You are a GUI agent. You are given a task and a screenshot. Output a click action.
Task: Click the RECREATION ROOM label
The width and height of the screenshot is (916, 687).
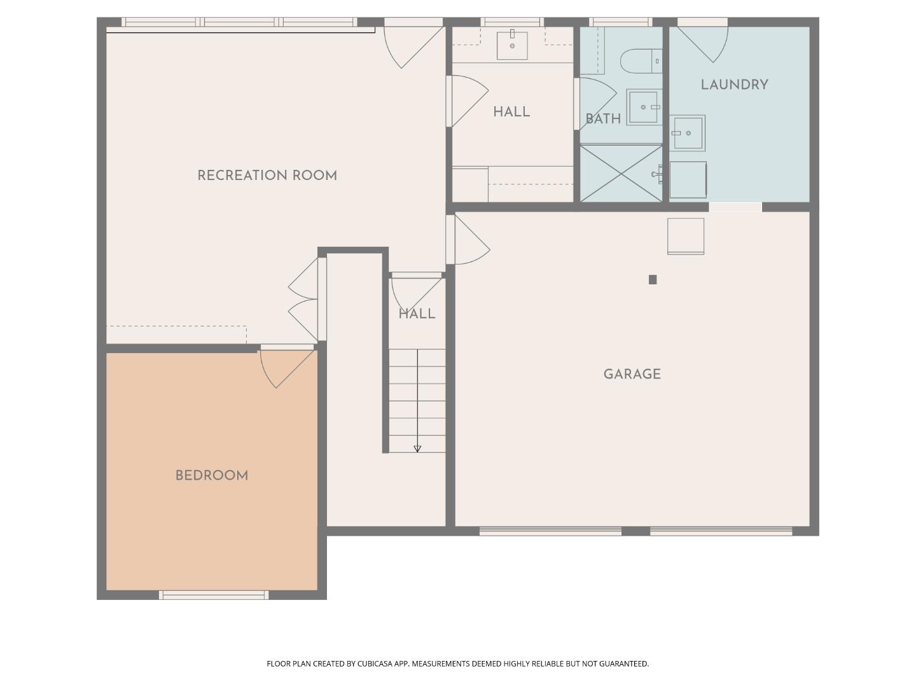click(x=267, y=176)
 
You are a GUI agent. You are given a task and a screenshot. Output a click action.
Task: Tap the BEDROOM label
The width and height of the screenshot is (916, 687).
click(x=212, y=476)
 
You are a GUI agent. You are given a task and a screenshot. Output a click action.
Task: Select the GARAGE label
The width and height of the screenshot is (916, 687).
click(x=632, y=374)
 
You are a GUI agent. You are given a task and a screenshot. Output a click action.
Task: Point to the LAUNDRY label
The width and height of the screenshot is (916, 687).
click(x=734, y=85)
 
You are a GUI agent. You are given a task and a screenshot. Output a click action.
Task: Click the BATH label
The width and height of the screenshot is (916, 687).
click(x=603, y=119)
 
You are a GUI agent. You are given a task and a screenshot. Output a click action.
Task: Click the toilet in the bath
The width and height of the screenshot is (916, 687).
click(x=641, y=61)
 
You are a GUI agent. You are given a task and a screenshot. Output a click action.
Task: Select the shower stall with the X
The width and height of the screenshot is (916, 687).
click(x=621, y=173)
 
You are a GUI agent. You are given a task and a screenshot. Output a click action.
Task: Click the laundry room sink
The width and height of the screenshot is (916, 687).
click(x=687, y=133)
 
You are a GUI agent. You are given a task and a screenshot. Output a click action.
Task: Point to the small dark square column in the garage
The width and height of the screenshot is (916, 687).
click(x=653, y=279)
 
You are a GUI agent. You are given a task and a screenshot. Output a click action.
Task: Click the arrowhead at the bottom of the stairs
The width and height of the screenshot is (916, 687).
click(x=417, y=449)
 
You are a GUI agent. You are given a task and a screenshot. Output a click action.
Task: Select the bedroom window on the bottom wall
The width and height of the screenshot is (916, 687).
click(x=214, y=595)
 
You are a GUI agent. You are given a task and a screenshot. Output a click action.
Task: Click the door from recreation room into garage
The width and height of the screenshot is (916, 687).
click(x=468, y=240)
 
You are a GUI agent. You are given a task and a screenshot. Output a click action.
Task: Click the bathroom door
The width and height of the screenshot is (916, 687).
click(x=595, y=104)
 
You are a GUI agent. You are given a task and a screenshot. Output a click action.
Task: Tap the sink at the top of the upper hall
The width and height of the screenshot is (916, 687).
click(x=512, y=45)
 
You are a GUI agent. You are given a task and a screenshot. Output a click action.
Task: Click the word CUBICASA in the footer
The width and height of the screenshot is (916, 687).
click(x=375, y=663)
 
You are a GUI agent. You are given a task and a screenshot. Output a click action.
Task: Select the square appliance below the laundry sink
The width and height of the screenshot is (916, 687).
click(x=688, y=180)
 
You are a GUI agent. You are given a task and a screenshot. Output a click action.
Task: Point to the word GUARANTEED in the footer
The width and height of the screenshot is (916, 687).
click(x=624, y=663)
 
